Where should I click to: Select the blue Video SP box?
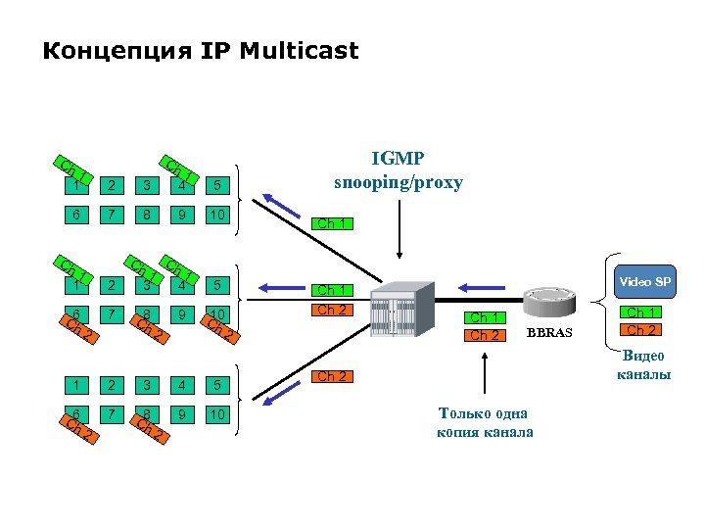[643, 282]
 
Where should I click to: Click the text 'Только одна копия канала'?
[485, 422]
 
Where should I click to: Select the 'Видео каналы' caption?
[643, 364]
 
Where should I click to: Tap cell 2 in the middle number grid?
[111, 286]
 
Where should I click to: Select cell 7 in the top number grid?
[111, 215]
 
